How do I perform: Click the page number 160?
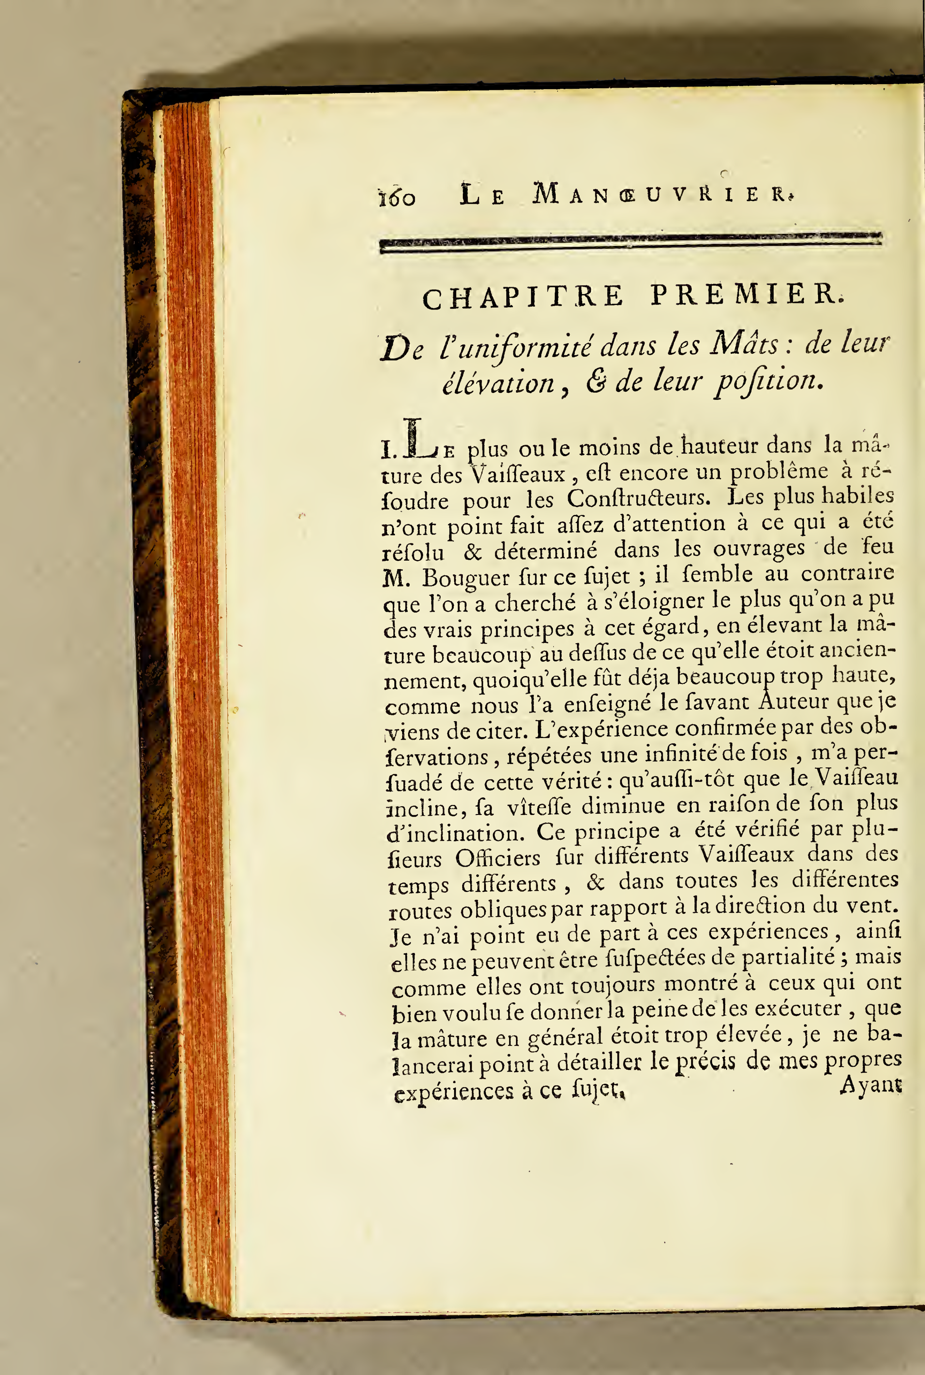point(396,197)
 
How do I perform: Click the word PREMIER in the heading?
point(745,295)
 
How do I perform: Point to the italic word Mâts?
point(745,343)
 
